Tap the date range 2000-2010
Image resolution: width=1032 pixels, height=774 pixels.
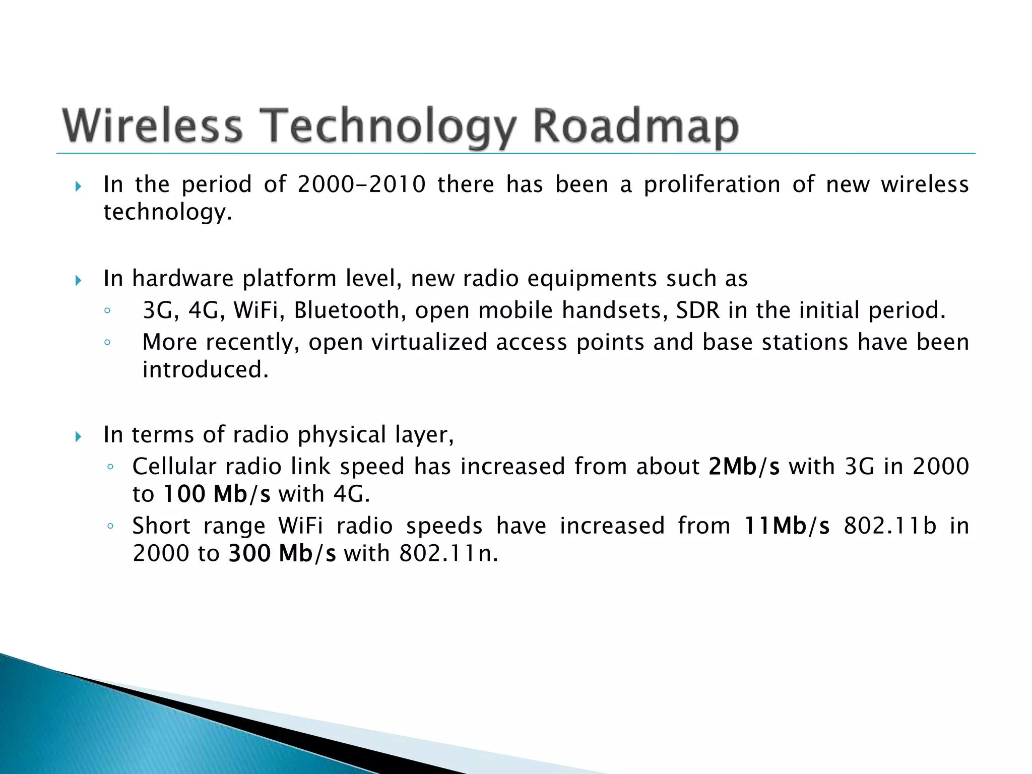coord(361,184)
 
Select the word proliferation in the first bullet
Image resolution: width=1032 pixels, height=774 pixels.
coord(712,184)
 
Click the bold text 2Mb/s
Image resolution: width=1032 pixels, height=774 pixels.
coord(744,467)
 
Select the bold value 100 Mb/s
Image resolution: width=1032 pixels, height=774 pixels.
coord(217,494)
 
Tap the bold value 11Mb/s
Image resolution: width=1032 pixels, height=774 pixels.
coord(787,526)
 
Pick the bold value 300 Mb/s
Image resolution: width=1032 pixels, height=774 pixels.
coord(282,554)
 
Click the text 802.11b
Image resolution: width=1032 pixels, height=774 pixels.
coord(889,526)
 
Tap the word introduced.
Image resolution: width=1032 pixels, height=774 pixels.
coord(205,370)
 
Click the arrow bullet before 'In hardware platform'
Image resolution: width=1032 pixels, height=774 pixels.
coord(78,280)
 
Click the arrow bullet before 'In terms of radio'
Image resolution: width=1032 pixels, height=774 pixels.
coord(78,436)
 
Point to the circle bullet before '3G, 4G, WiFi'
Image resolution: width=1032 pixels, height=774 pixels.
coord(107,311)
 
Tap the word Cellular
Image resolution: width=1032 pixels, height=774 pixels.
coord(174,467)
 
